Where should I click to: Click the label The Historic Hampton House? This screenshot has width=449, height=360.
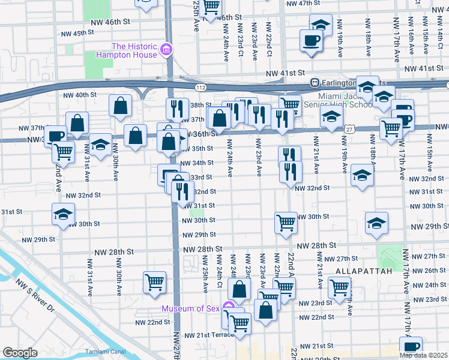(x=134, y=50)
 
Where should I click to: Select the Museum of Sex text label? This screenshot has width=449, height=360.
(x=190, y=309)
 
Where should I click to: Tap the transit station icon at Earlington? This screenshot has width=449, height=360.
(x=313, y=82)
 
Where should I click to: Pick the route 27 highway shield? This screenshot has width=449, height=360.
(x=350, y=129)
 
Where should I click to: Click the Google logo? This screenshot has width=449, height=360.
(x=20, y=352)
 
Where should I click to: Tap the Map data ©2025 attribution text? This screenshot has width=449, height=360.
(x=424, y=355)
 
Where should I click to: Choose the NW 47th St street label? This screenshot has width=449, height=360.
(x=304, y=4)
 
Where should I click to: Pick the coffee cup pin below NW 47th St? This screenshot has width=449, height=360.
(x=311, y=41)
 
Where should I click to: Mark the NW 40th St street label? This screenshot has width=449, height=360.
(x=80, y=95)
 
